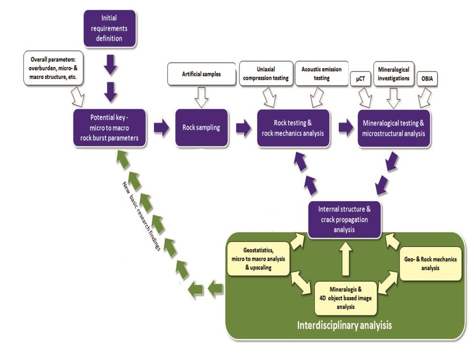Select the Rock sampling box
pos(201,127)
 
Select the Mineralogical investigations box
pos(394,74)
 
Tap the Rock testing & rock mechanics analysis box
pos(292,128)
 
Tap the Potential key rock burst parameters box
pos(110,128)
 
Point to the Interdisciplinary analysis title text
pos(345,325)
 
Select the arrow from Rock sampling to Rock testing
pos(243,128)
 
